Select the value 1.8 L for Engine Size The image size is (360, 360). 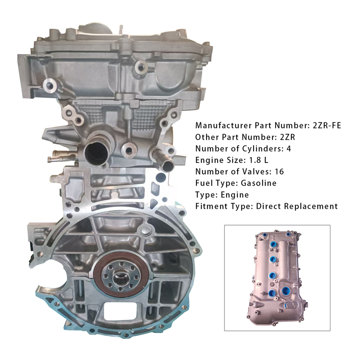pyautogui.click(x=254, y=160)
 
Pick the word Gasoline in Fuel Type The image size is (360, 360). pyautogui.click(x=259, y=183)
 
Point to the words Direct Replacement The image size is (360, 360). pyautogui.click(x=297, y=207)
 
